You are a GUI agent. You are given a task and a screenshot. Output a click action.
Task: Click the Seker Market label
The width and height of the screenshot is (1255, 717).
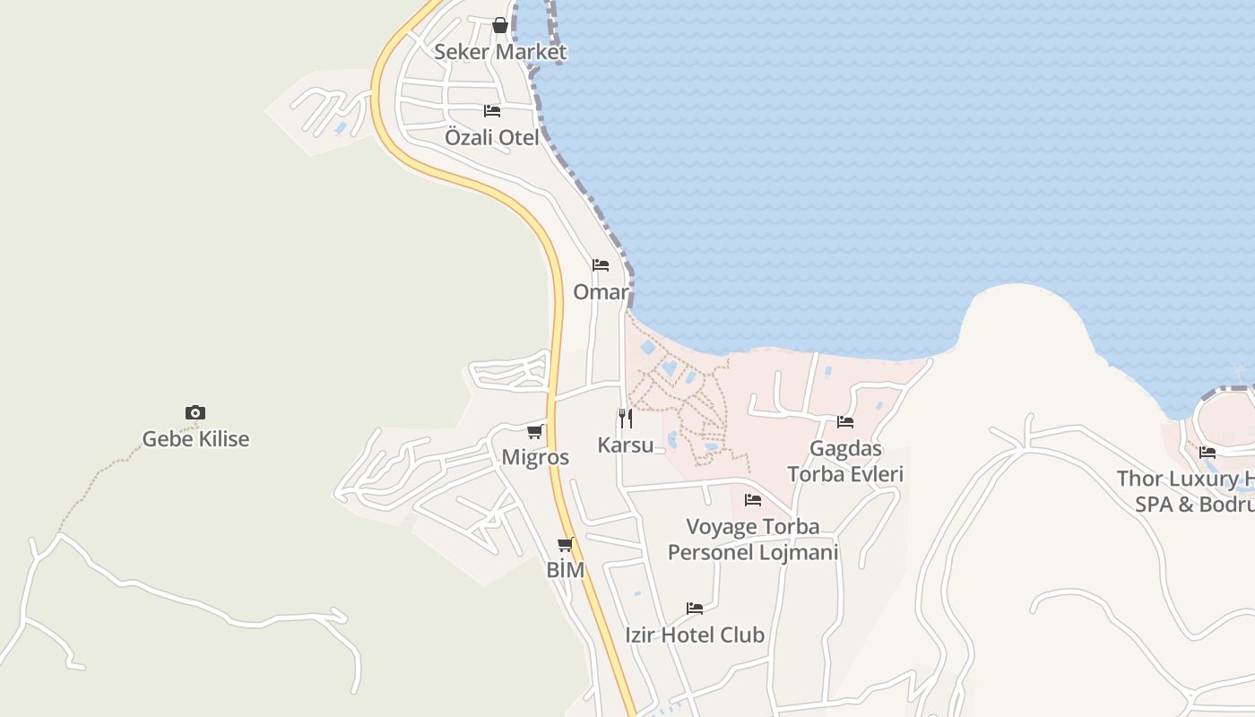coord(500,52)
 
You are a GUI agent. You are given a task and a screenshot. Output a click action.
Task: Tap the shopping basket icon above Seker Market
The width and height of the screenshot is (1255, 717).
coord(500,25)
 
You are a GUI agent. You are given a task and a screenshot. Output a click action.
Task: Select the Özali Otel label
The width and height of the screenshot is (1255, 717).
coord(492,138)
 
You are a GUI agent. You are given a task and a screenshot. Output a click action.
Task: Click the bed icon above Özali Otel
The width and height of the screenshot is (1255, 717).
coord(492,111)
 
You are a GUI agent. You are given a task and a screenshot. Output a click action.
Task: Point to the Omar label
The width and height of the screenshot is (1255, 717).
coord(601,292)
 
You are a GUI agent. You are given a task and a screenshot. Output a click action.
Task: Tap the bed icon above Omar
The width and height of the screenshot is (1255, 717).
coord(601,265)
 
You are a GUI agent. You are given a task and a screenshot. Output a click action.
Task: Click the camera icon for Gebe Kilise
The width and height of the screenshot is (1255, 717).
coord(195,412)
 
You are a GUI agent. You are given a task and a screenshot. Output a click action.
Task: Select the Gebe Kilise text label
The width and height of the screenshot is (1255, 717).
coord(195,439)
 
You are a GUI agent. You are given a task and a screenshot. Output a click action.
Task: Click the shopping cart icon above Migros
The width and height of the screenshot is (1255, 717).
coord(535,431)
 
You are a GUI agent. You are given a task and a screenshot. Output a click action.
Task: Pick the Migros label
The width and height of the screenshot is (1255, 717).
coord(535,457)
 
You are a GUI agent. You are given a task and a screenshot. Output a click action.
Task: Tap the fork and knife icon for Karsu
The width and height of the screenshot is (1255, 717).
coord(626,418)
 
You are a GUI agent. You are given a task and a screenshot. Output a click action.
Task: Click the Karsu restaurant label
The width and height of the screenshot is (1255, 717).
coord(626,445)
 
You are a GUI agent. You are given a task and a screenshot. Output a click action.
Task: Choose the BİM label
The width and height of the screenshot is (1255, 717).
coord(566,570)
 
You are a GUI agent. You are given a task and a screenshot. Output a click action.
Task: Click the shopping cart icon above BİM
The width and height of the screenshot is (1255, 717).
coord(566,544)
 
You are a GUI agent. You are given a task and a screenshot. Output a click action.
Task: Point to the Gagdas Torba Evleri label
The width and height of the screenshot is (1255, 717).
coord(845,461)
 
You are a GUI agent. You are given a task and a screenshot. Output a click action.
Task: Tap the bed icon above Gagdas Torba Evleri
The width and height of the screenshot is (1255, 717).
coord(845,421)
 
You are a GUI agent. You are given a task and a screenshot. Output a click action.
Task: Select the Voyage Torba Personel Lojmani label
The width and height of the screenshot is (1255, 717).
coord(753,539)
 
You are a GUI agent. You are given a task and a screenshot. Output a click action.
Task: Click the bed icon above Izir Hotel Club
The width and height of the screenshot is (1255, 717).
coord(695,609)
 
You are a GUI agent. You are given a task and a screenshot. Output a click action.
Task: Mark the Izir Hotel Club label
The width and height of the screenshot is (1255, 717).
coord(695,635)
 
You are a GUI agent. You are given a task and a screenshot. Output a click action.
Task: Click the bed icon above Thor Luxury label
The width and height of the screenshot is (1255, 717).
coord(1207,453)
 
